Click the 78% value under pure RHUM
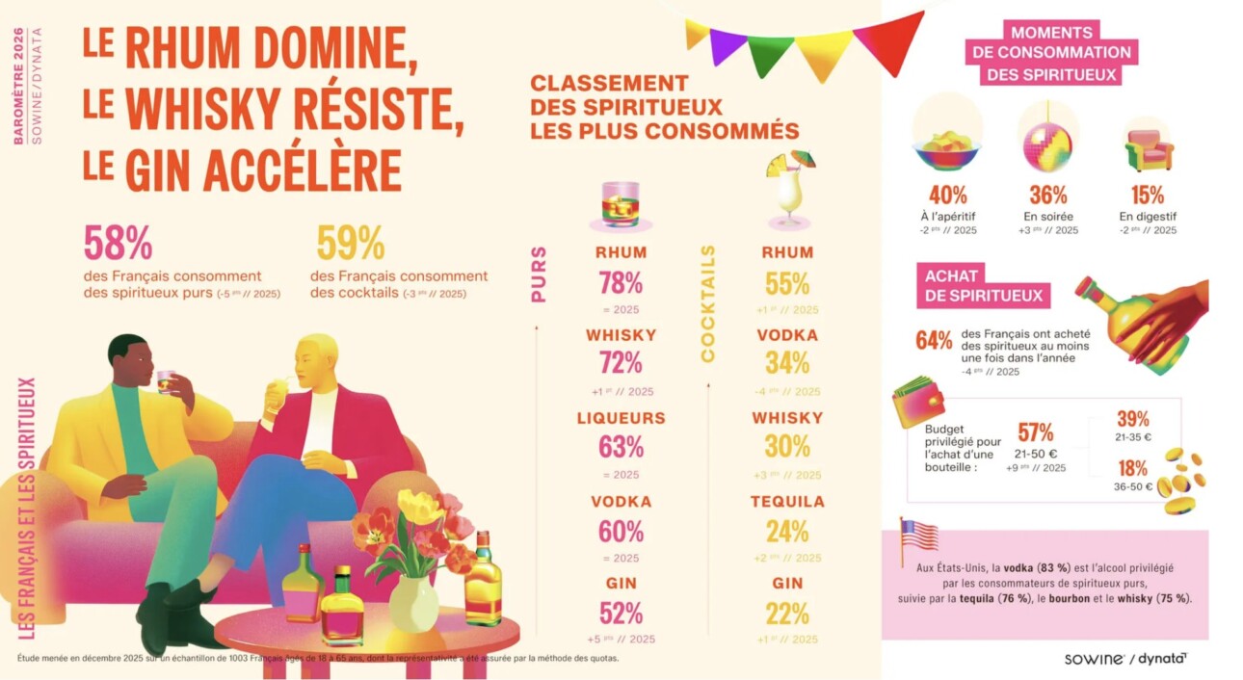621,283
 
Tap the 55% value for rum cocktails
787,283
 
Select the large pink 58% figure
118,244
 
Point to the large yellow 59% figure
350,244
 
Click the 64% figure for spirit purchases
934,341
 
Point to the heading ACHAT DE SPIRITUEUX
983,286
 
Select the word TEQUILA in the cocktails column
787,502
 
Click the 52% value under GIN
621,614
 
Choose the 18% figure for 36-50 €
1132,468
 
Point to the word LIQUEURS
621,419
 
